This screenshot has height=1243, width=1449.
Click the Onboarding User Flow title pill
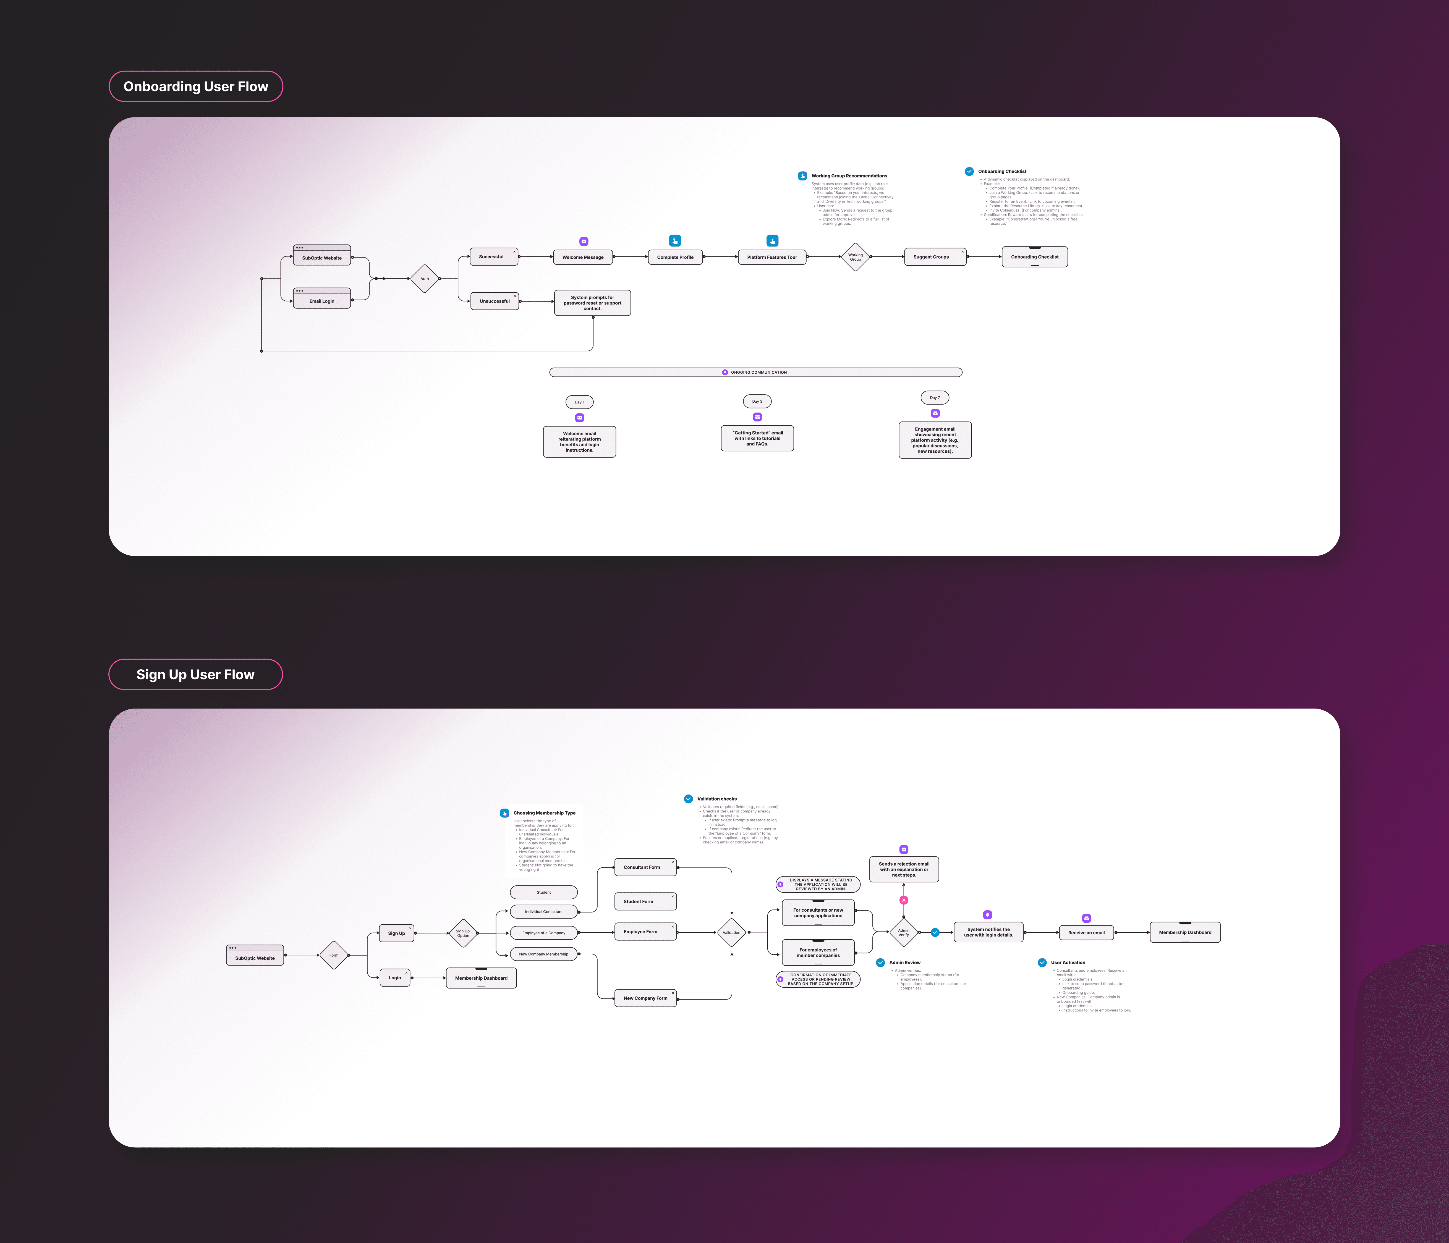click(x=196, y=87)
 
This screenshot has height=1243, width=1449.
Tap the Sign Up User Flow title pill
click(x=196, y=675)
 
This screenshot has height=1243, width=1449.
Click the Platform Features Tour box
click(x=772, y=257)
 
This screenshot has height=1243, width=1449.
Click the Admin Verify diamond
click(x=904, y=933)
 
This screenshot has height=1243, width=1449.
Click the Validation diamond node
click(x=731, y=933)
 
